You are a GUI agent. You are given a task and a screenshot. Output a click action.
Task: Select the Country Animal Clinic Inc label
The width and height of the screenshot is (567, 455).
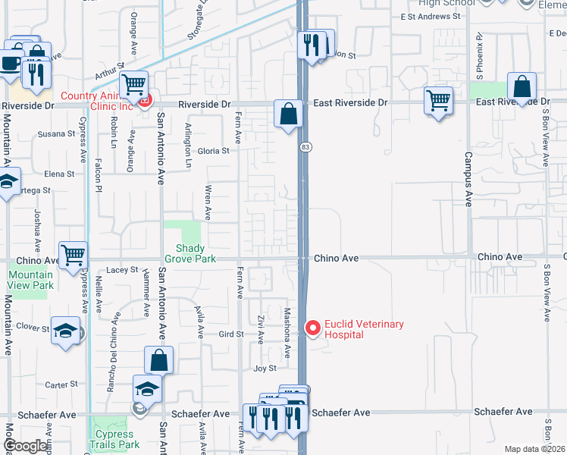(98, 101)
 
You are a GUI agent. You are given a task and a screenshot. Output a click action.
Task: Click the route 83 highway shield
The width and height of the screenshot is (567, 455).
(304, 146)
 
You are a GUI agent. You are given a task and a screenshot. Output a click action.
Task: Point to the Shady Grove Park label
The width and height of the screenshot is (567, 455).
(196, 253)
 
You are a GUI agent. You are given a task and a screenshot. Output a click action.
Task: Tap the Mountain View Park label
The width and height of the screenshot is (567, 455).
(31, 280)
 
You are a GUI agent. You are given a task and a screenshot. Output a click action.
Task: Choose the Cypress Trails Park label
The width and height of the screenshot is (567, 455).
(117, 439)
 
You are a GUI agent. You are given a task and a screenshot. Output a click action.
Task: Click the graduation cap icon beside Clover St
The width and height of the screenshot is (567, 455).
(66, 331)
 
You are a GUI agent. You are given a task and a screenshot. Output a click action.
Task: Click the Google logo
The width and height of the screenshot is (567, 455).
(25, 447)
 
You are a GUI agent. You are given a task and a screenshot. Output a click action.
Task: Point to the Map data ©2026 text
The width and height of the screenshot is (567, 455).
(535, 449)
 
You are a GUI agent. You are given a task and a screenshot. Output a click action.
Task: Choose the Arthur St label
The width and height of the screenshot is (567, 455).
(109, 70)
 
